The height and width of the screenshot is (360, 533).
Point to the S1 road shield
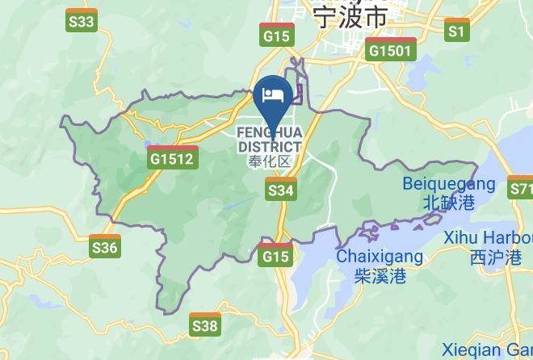tap(458, 31)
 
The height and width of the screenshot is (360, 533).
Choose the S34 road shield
tap(280, 190)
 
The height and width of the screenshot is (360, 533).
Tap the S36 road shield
tap(105, 246)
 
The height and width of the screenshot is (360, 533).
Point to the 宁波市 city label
tap(350, 15)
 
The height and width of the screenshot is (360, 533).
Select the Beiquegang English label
tap(440, 185)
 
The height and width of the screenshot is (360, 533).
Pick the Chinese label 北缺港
tap(440, 203)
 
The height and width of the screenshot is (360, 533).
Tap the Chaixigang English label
tap(379, 257)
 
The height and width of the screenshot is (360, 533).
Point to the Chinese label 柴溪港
tap(379, 276)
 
